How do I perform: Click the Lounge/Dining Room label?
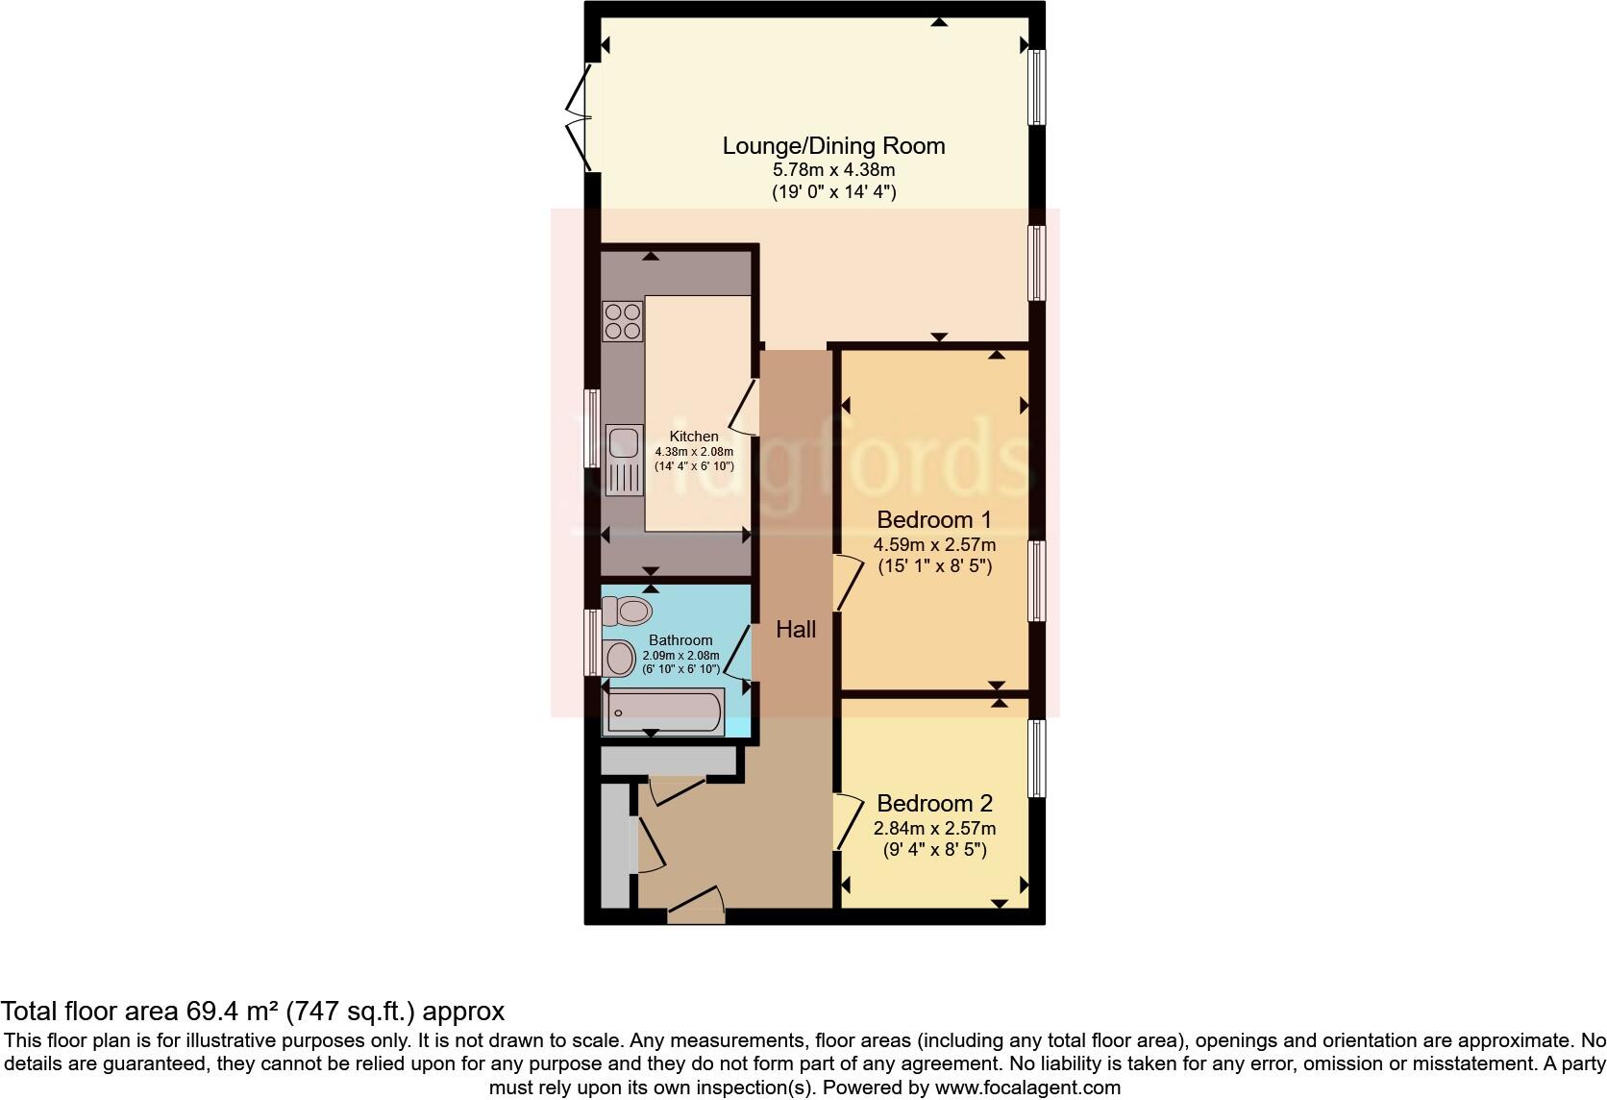pos(833,146)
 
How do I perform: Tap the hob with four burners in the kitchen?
pos(623,321)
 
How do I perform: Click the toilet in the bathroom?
pos(626,610)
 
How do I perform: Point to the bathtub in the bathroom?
pos(663,712)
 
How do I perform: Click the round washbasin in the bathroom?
pos(620,659)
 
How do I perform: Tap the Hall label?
pos(796,630)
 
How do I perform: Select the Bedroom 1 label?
pos(933,520)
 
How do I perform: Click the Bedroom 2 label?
pos(934,804)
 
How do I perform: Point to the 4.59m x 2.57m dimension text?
pos(933,545)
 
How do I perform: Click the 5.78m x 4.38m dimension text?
pos(833,170)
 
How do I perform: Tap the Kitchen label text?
pos(694,437)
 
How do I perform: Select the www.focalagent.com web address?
pos(1027,1088)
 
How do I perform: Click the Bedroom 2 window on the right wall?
pos(1036,759)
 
